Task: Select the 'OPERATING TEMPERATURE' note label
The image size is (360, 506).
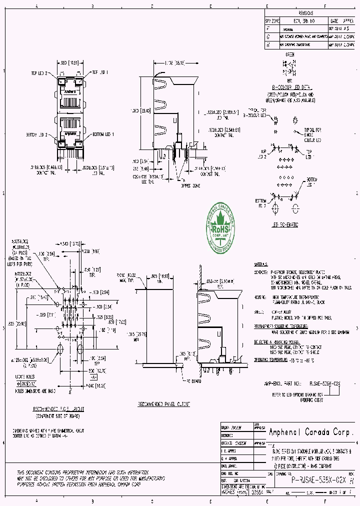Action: pos(272,359)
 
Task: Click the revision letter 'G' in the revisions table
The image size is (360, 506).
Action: pos(268,37)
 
